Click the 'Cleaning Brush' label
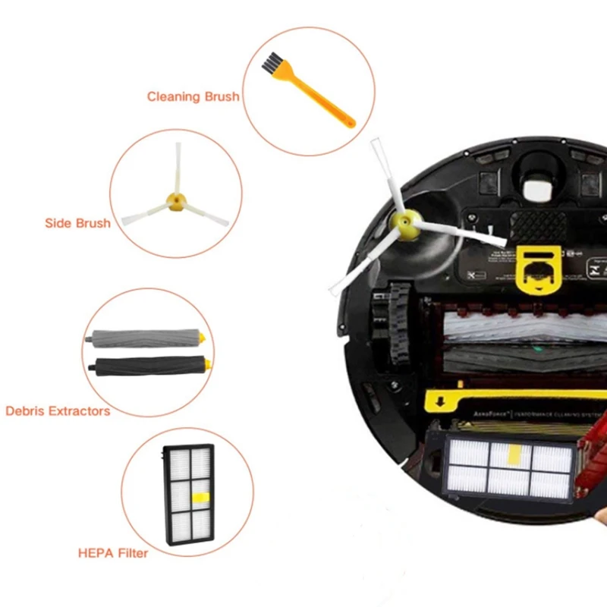pyautogui.click(x=193, y=96)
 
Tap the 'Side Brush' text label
pyautogui.click(x=77, y=223)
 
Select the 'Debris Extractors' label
pyautogui.click(x=58, y=410)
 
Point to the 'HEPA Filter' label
pyautogui.click(x=113, y=552)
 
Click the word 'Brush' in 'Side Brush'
pyautogui.click(x=93, y=223)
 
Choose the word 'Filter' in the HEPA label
pyautogui.click(x=131, y=552)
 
